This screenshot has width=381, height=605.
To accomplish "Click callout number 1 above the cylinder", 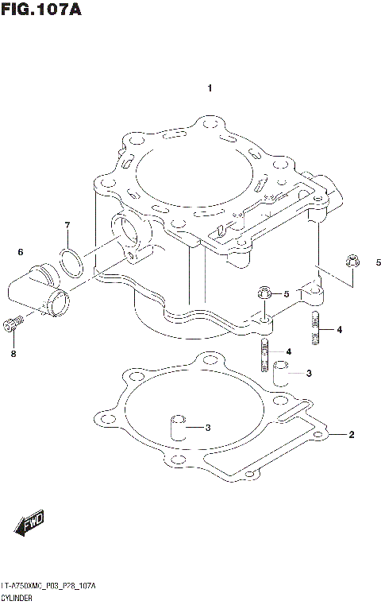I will coord(209,87).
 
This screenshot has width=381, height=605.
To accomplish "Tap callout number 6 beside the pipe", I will coord(21,252).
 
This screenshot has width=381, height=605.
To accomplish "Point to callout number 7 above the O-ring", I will coord(67,225).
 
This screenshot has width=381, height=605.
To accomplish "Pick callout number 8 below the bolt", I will coord(13,354).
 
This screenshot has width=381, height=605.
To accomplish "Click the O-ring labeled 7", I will coord(71,263).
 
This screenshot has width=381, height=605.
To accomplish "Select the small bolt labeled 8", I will coord(11,323).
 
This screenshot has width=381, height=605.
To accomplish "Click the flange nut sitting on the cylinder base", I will coord(264,295).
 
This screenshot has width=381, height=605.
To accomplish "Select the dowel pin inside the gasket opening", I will coord(178,427).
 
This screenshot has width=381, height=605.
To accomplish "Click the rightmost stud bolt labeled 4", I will coord(316,329).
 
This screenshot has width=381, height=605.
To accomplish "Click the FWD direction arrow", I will coord(29,525).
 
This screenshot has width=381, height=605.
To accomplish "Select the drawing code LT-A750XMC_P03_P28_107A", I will coord(48,585).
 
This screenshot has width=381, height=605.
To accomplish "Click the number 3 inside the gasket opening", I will coord(208,429).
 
